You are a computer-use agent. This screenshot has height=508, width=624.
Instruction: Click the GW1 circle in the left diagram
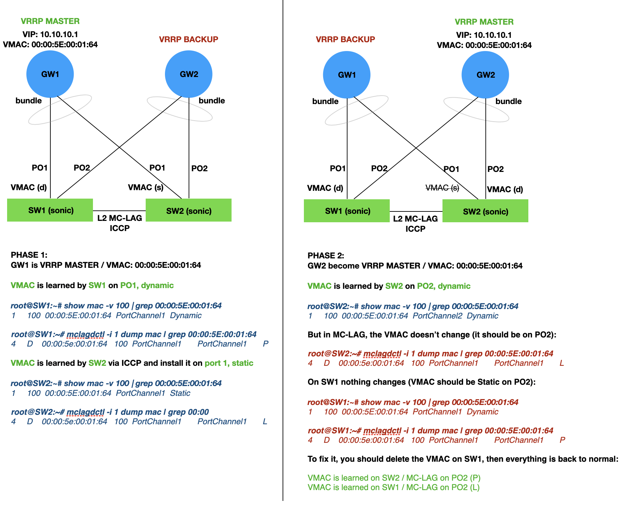click(50, 74)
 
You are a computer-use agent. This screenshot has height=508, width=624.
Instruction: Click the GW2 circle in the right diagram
click(485, 75)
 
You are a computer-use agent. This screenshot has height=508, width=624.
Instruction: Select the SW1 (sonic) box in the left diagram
click(50, 210)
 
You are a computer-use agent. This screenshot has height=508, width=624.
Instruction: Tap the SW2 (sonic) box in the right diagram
click(485, 211)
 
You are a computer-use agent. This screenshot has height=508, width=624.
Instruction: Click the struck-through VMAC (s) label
click(442, 188)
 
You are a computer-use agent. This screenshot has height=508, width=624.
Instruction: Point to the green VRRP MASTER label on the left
click(50, 21)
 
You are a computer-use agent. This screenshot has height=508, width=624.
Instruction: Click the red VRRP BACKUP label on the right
click(345, 40)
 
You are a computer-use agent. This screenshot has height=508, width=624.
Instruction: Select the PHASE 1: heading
click(29, 255)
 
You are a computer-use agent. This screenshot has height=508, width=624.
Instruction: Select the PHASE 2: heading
click(326, 256)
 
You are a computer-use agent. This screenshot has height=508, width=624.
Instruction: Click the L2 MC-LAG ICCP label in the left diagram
click(120, 223)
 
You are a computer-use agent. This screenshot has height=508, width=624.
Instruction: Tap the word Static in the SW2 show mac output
click(180, 393)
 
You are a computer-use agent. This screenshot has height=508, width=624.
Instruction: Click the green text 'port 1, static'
click(229, 363)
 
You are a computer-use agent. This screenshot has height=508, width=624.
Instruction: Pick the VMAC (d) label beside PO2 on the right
click(505, 189)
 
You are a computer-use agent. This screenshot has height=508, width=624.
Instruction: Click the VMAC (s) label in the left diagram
click(146, 187)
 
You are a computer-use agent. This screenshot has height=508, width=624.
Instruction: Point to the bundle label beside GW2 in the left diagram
click(212, 101)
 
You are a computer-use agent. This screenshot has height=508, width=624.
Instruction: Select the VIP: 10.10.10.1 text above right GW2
click(484, 35)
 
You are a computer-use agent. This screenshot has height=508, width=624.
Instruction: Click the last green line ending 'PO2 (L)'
click(393, 487)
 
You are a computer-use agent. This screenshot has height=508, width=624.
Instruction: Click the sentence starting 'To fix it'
click(463, 459)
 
